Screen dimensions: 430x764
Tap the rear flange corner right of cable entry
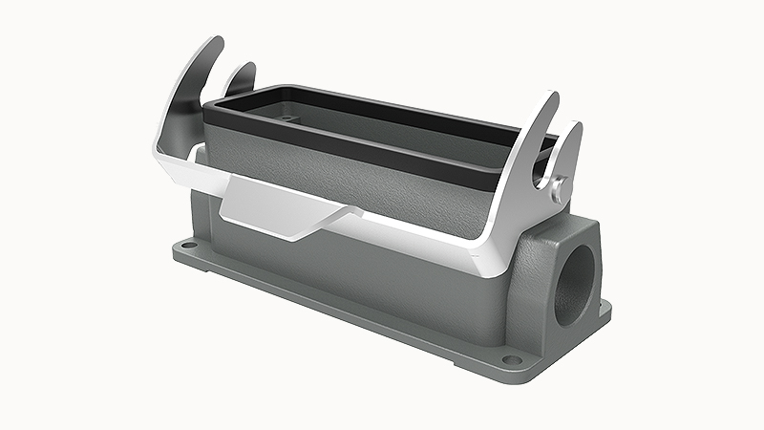604,308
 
